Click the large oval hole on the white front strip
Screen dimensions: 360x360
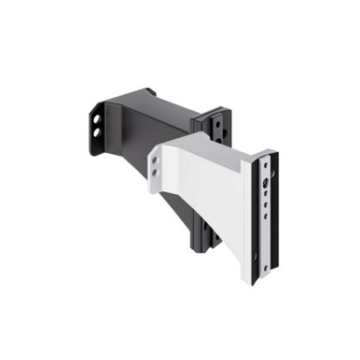[269, 183]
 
